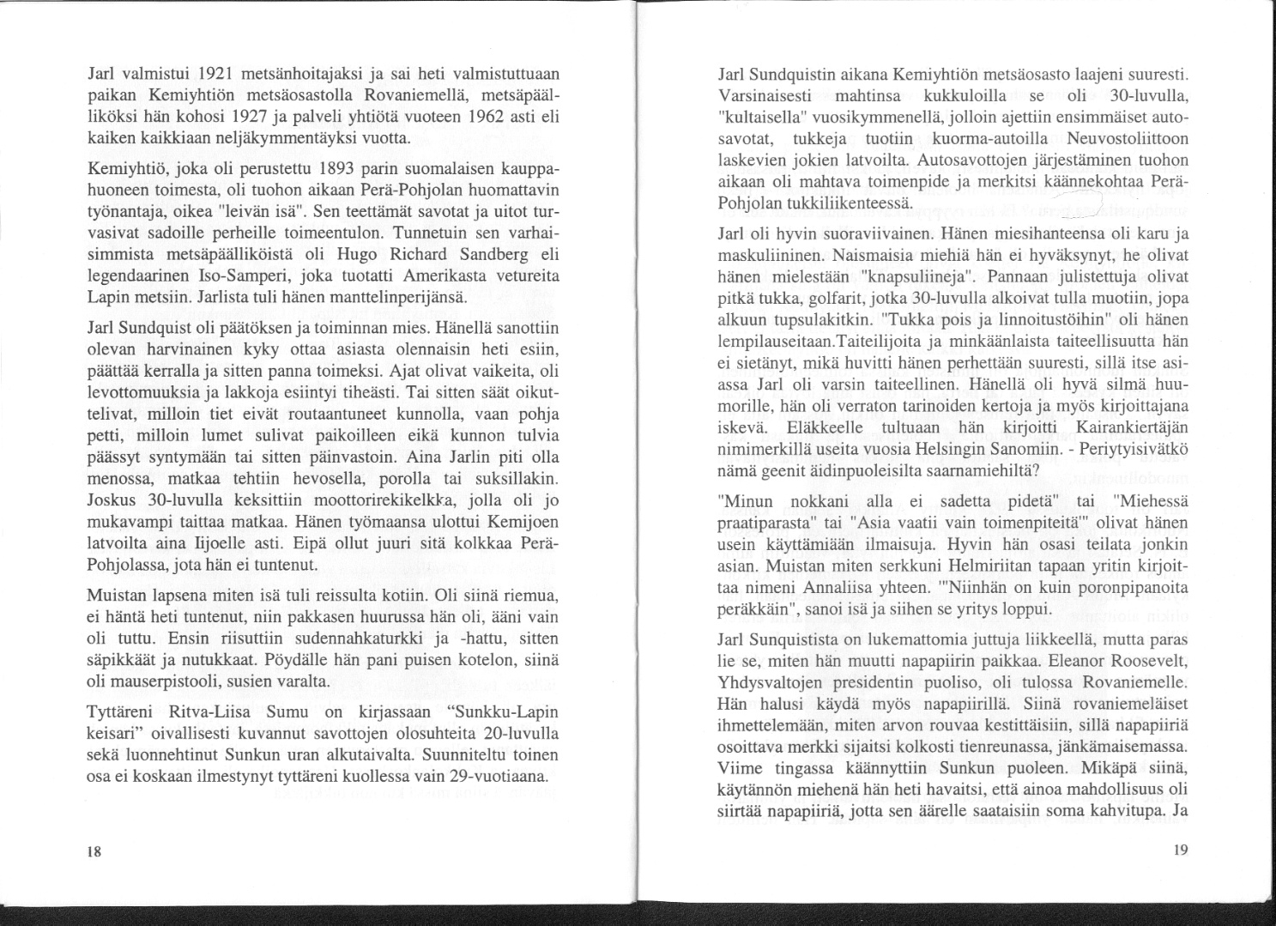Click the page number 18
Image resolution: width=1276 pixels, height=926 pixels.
click(x=94, y=852)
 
